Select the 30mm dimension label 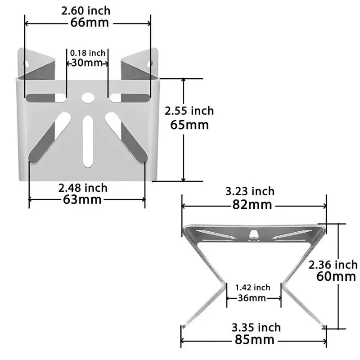[87, 63]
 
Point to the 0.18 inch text [87, 53]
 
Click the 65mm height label [189, 124]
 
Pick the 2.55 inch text [189, 111]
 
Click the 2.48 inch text [83, 187]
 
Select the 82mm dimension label [252, 205]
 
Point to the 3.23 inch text [250, 191]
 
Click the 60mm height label [336, 276]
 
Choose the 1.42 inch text [252, 288]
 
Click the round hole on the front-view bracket [88, 97]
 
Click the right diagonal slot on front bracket [127, 137]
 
